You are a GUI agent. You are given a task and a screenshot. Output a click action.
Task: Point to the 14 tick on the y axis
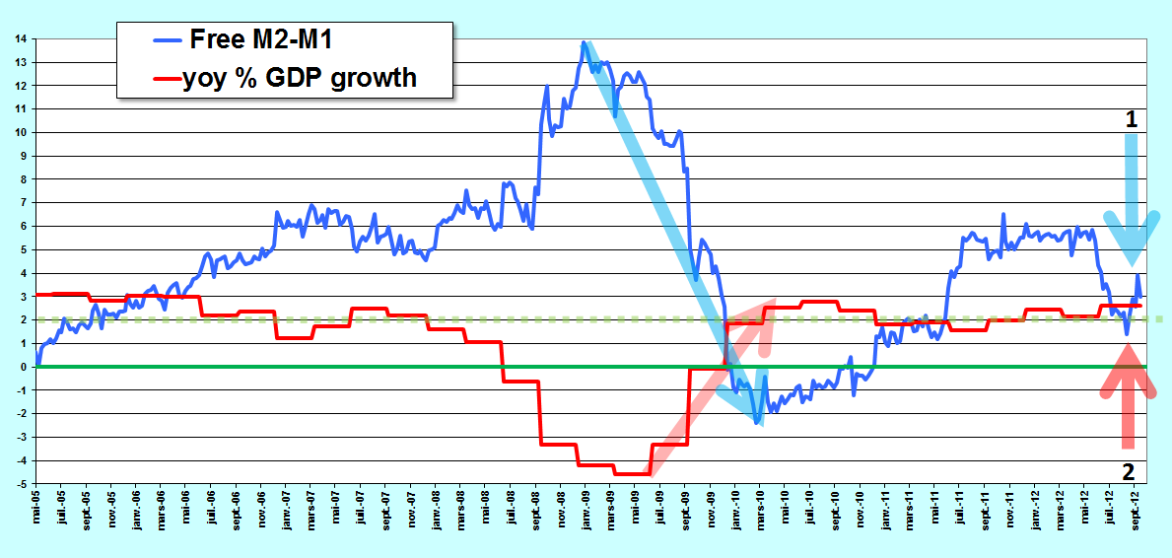[24, 38]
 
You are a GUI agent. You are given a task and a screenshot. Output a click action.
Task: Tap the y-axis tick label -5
[24, 485]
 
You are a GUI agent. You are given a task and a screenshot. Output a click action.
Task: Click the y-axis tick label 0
[26, 368]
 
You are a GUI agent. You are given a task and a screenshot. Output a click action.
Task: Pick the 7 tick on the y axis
[26, 203]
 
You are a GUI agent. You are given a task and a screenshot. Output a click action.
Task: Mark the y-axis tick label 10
[24, 132]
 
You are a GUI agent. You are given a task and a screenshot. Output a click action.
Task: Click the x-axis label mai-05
[36, 508]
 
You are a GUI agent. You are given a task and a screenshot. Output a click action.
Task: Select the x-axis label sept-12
[1135, 510]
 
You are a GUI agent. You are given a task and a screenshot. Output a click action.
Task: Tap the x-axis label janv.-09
[586, 510]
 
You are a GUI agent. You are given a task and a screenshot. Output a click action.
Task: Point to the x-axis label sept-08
[535, 510]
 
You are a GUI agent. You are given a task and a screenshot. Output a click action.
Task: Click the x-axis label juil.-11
[960, 509]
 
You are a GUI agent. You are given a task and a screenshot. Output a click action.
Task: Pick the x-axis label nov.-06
[261, 509]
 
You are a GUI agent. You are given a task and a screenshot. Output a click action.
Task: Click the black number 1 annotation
[1132, 119]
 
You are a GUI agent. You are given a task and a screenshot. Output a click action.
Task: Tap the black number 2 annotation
[1129, 472]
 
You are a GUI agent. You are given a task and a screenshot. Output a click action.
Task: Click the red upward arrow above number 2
[1129, 395]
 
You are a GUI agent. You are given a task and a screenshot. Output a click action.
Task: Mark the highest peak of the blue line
[583, 42]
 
